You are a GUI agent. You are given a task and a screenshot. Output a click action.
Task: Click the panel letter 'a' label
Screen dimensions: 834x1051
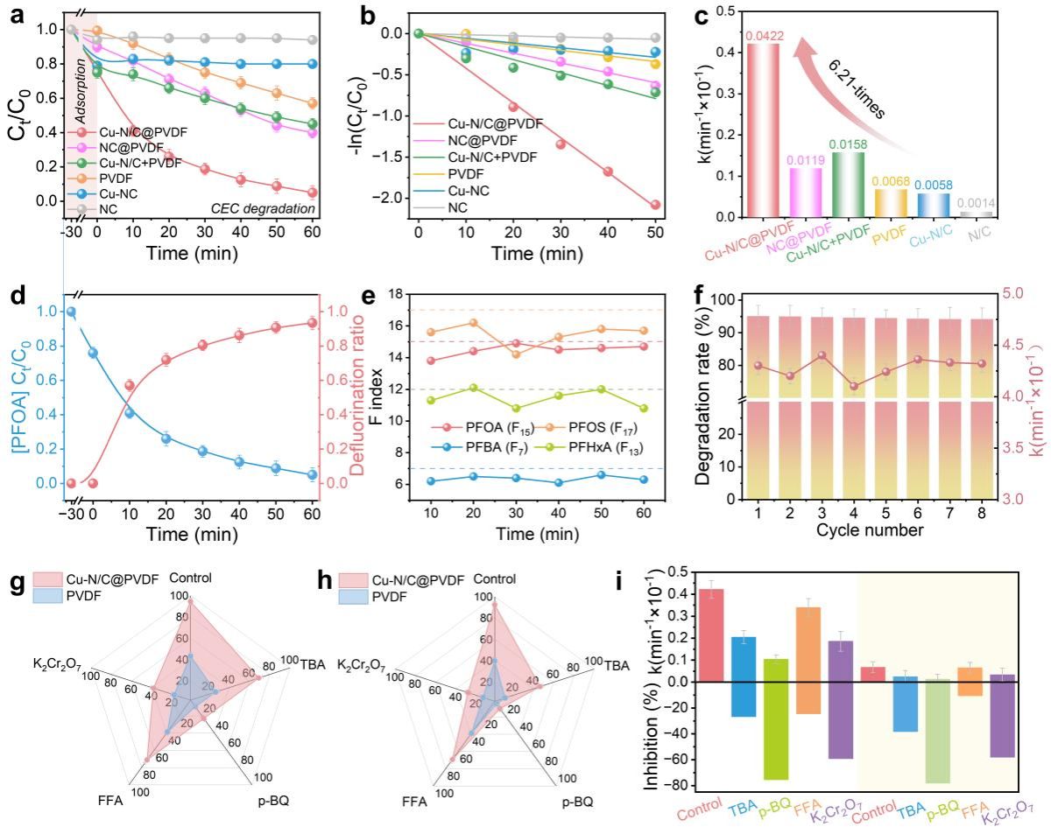pyautogui.click(x=15, y=17)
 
